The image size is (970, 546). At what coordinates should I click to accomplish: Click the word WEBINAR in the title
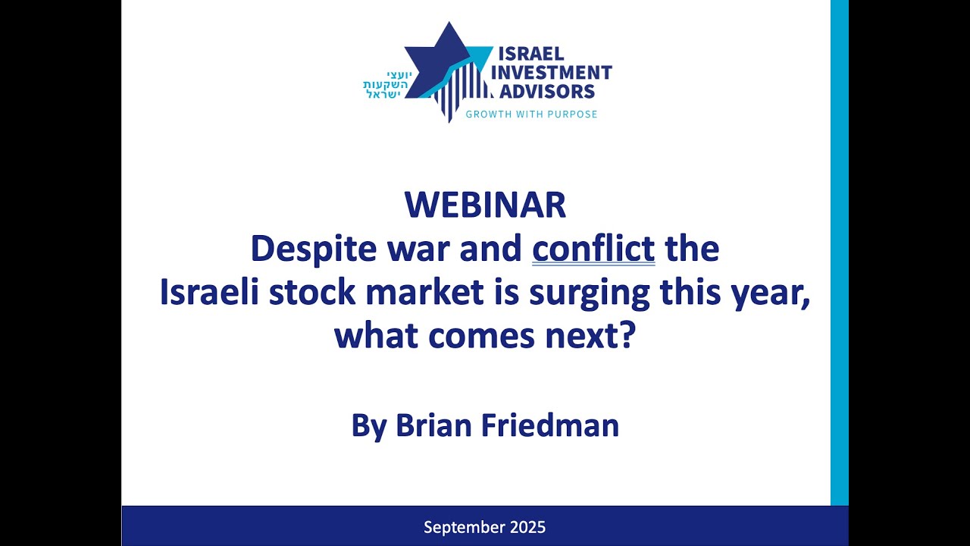tap(485, 205)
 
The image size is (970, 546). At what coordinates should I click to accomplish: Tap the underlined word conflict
tap(593, 249)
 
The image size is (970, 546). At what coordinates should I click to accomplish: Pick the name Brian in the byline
tap(430, 425)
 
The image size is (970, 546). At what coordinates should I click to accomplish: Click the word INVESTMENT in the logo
tap(552, 73)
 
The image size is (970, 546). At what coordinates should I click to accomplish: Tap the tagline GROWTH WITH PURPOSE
tap(531, 115)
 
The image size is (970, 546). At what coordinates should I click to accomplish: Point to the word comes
tap(480, 336)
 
